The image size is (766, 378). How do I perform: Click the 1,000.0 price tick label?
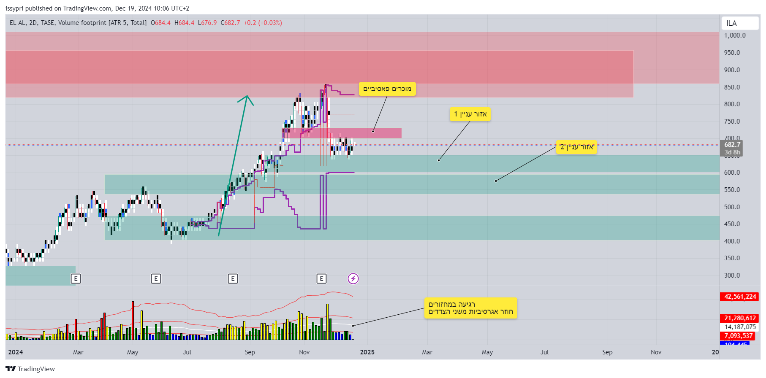click(x=735, y=35)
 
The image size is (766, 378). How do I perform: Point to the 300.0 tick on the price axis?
click(x=732, y=275)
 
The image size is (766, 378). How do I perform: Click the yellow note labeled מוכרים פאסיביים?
click(x=387, y=89)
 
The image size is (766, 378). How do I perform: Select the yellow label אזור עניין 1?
click(x=470, y=114)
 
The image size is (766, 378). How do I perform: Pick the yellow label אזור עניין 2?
click(x=576, y=147)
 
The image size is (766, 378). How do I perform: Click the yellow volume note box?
click(x=470, y=308)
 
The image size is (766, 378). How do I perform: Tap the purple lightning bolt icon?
click(x=353, y=278)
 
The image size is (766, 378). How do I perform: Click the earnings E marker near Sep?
click(x=233, y=278)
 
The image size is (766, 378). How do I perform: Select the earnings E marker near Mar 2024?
click(x=76, y=278)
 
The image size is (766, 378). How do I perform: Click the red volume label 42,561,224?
click(x=740, y=297)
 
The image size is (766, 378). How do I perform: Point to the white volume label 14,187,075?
click(x=740, y=327)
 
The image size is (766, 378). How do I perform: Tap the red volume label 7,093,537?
click(x=739, y=336)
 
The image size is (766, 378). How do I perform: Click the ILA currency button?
click(x=739, y=23)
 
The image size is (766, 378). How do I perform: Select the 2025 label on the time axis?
click(x=367, y=352)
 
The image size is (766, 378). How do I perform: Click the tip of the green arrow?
click(x=247, y=96)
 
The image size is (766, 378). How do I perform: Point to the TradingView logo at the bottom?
click(x=30, y=369)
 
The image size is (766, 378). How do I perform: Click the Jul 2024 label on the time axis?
click(x=187, y=352)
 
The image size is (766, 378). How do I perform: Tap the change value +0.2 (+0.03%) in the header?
click(x=263, y=23)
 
